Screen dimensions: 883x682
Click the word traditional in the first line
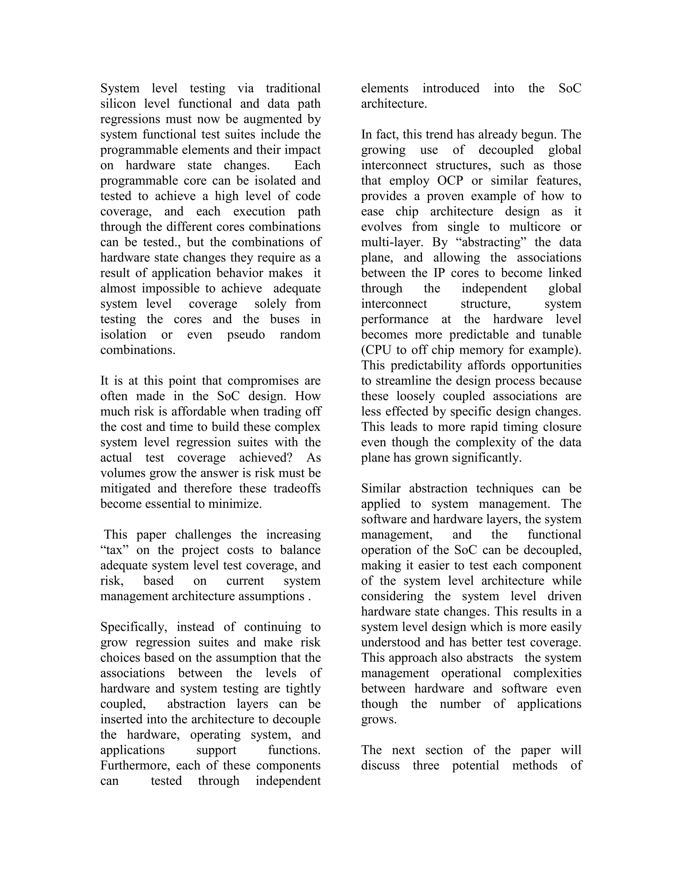tap(293, 88)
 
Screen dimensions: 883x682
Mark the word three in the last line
tap(426, 765)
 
